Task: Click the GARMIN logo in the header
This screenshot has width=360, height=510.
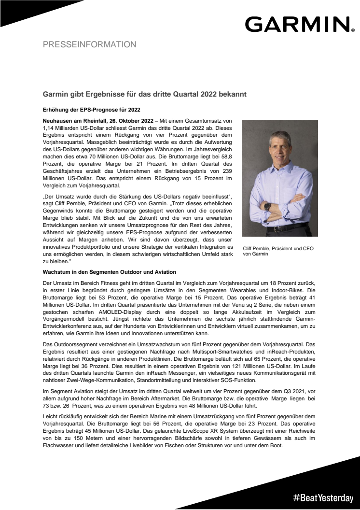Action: [297, 24]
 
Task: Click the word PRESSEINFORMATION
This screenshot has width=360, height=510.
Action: [89, 44]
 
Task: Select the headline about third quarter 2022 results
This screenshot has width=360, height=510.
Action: [145, 94]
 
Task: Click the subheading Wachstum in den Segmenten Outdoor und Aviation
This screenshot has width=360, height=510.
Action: [109, 272]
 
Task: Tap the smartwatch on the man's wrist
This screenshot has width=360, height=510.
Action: [267, 206]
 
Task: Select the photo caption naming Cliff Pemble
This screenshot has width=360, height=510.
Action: [278, 251]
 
